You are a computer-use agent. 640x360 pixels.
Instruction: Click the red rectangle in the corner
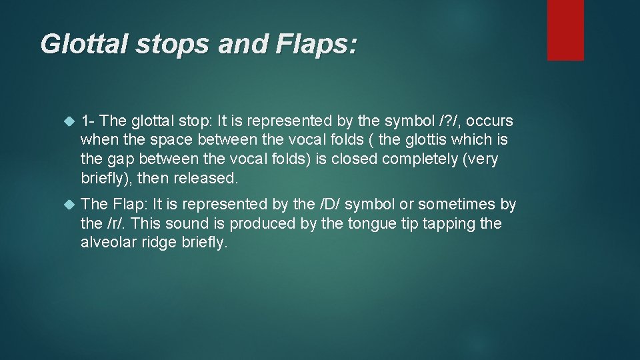click(565, 30)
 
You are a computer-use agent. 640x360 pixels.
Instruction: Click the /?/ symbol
click(445, 121)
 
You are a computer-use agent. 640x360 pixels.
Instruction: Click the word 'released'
click(205, 179)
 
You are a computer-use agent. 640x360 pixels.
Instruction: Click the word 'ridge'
click(160, 243)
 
